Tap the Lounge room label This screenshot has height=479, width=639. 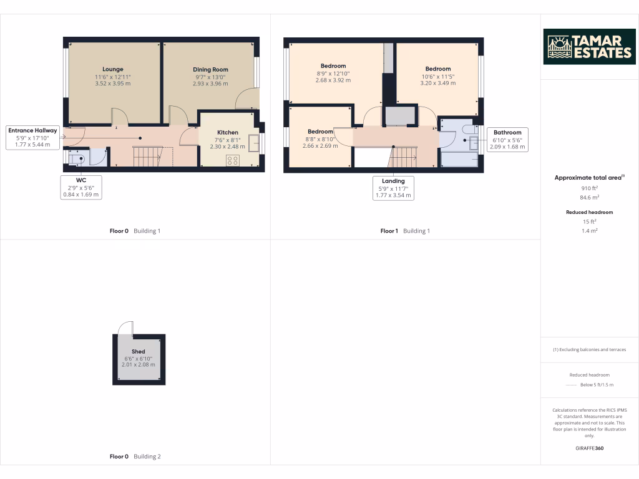pos(113,69)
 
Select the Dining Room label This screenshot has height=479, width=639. pos(210,69)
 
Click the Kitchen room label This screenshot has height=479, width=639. pos(227,132)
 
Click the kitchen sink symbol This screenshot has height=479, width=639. pos(254,144)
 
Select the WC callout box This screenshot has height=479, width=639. pos(81,187)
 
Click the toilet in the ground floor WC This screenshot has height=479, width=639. pos(77,159)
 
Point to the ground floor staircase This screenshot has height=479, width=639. pos(149,157)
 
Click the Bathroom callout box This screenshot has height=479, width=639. pos(507,140)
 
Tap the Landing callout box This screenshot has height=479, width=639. pos(393,188)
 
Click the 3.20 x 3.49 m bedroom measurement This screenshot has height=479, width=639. pos(437,83)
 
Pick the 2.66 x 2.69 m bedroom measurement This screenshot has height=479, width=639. pos(319,146)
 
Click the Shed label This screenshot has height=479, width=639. pos(138,352)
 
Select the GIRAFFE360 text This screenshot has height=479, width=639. pos(589,448)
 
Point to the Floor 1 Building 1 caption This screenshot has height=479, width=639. pos(405,231)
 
